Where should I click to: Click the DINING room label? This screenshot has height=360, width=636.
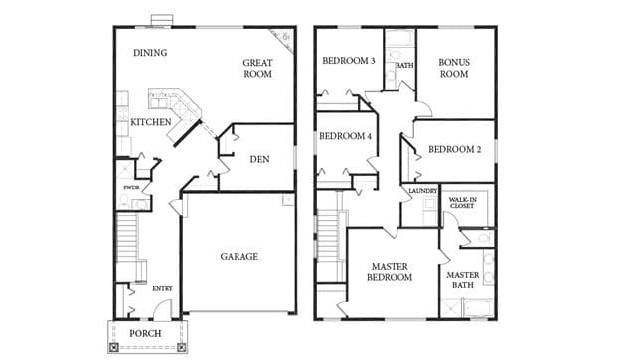tap(150, 53)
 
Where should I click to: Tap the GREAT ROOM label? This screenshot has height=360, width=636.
tap(257, 69)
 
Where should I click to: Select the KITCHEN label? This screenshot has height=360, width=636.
tap(151, 122)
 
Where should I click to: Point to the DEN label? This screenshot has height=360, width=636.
tap(259, 159)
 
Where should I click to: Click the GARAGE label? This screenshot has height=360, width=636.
tap(238, 257)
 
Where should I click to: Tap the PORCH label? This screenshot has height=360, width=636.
tap(145, 333)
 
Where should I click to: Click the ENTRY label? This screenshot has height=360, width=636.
tap(162, 289)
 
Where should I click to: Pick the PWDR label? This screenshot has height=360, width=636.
tap(131, 188)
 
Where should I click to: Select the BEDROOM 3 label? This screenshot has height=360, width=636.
tap(349, 61)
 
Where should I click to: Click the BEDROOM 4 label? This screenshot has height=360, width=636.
tap(345, 136)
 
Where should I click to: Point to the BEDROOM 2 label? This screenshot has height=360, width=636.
tap(455, 149)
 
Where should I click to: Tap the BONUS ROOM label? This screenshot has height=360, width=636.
tap(454, 68)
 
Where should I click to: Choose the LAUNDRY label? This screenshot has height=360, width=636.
tap(422, 191)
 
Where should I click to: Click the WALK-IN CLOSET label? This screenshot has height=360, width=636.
tap(462, 203)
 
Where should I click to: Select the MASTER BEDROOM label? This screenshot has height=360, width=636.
tap(390, 271)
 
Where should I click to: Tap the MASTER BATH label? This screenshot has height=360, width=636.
tap(463, 280)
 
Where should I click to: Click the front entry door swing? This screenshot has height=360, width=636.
tap(161, 309)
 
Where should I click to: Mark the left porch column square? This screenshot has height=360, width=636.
tap(114, 347)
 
